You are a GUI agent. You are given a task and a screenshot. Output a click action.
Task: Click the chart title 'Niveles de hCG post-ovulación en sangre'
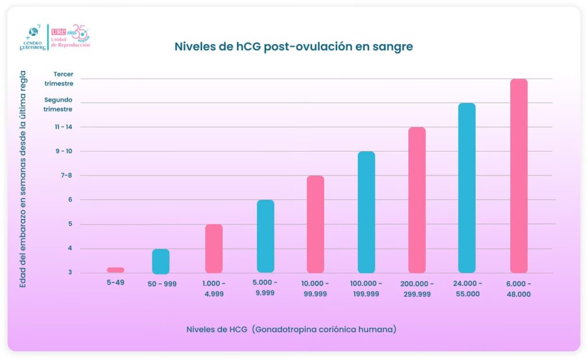coord(293,47)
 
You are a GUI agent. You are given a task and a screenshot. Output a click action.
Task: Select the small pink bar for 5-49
coord(115,270)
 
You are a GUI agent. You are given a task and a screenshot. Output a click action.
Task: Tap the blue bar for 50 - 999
coord(161,261)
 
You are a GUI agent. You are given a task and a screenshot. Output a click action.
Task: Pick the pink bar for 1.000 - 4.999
coord(214,249)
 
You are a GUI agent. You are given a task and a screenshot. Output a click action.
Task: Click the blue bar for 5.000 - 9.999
coord(265,236)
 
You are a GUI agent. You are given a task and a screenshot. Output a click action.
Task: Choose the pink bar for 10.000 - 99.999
coord(315,224)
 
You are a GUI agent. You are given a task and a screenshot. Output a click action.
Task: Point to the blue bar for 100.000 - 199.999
coord(366,212)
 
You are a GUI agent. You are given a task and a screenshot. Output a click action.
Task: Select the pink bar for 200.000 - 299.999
coord(417,200)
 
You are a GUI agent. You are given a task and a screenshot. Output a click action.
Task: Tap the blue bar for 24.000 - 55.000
coord(467,188)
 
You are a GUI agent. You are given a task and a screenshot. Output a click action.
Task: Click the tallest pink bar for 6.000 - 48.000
coord(519,176)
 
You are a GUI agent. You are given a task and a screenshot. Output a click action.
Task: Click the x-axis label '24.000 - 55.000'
coord(466,289)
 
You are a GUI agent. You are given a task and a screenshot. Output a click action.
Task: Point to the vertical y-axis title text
coord(23,179)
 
